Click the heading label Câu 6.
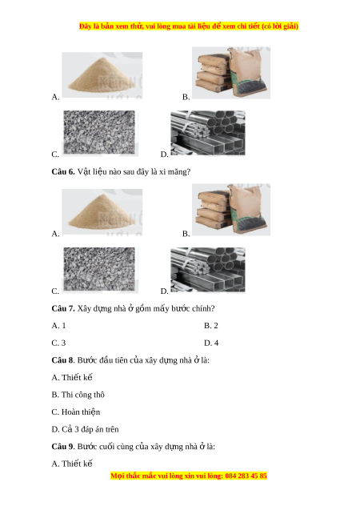63,171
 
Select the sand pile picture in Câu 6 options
102,211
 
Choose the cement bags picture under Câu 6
231,210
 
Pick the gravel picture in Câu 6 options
99,269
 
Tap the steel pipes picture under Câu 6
208,270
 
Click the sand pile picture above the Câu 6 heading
102,75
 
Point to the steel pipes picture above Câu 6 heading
208,133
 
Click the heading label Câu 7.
63,308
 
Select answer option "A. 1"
59,326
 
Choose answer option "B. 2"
211,326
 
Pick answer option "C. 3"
58,343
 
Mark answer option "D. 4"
211,343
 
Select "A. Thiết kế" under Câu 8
72,377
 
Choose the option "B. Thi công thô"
78,395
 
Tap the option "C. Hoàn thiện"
76,412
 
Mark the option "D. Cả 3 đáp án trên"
85,429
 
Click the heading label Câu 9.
63,447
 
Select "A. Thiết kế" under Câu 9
72,464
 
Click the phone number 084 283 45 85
246,476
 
